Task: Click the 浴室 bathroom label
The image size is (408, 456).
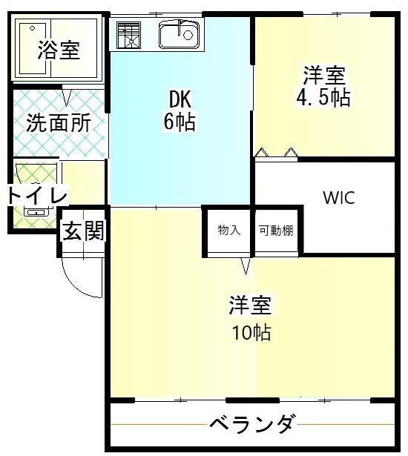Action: tap(59, 50)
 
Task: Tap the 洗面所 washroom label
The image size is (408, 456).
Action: tap(59, 122)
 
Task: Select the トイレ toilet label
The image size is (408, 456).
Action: tap(37, 195)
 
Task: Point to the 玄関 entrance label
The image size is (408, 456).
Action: tap(82, 231)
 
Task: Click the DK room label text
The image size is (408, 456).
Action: tap(180, 99)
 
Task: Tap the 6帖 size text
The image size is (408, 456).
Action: tap(180, 122)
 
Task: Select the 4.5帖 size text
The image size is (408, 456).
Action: tap(323, 98)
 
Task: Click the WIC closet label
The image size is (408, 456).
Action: tap(338, 198)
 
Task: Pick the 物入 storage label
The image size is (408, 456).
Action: tap(228, 230)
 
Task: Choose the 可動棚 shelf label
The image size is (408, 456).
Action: tap(275, 230)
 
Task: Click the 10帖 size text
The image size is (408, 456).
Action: tap(249, 332)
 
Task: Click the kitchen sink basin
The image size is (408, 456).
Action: tap(179, 33)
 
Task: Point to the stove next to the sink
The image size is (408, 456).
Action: tap(128, 34)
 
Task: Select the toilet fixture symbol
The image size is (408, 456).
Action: tap(33, 211)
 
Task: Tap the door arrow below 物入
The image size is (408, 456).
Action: tap(246, 265)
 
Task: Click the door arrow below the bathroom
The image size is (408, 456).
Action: tap(67, 96)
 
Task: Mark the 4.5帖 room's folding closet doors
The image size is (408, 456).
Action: tap(276, 153)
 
